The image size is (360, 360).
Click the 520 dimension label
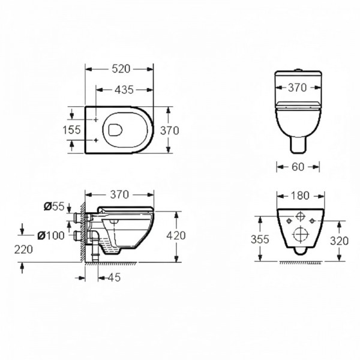(x=121, y=69)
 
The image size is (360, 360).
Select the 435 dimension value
(x=124, y=89)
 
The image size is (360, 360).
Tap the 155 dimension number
(x=71, y=130)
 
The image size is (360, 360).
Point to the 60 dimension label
(x=298, y=167)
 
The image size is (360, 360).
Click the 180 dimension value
(x=301, y=196)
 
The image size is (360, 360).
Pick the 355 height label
(x=260, y=239)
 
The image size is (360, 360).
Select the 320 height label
(x=340, y=241)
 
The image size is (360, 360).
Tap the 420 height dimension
(x=176, y=236)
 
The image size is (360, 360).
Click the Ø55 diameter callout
(x=54, y=206)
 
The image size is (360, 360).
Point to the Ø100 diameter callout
(x=51, y=236)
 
